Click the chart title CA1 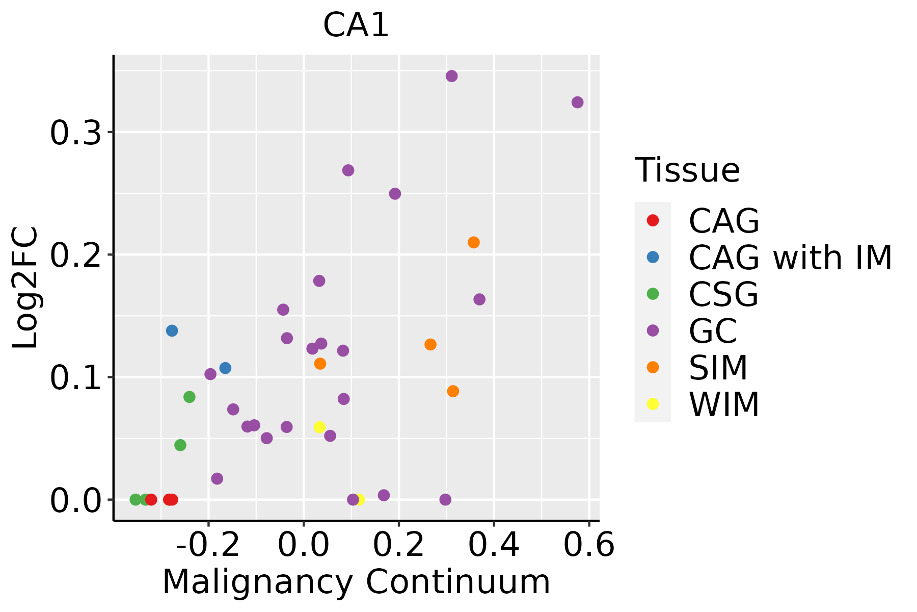(x=356, y=25)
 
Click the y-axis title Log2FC (x=25, y=288)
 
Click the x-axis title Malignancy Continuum (x=356, y=582)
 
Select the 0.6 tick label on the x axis (x=589, y=545)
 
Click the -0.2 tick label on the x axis (x=208, y=545)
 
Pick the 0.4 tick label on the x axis (x=494, y=545)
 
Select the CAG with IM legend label (x=790, y=258)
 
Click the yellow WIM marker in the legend (x=653, y=404)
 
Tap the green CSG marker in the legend (x=653, y=294)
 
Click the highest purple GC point (x=451, y=76)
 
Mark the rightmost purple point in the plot (x=577, y=103)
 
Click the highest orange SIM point (x=474, y=242)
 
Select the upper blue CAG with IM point (x=172, y=330)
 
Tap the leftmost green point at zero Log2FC (x=136, y=499)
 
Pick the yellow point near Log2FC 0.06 (x=319, y=427)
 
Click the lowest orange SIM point (x=453, y=391)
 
